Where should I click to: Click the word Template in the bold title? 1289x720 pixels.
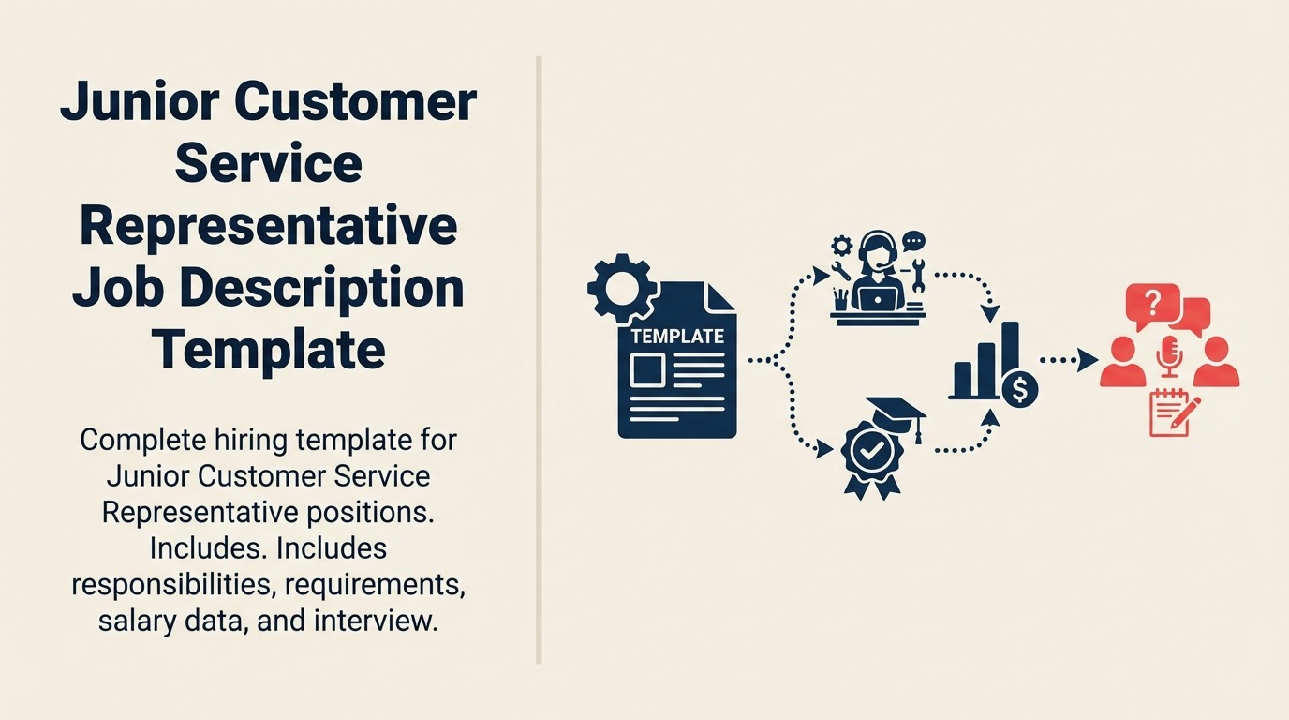tap(268, 349)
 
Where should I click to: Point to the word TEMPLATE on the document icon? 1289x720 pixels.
tap(677, 336)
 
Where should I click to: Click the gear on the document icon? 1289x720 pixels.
tap(619, 288)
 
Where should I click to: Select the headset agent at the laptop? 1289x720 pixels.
tap(879, 272)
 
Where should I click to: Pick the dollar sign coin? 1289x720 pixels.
tap(1018, 387)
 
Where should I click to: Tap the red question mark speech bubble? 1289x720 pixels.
tap(1150, 304)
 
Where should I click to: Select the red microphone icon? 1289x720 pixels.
tap(1170, 355)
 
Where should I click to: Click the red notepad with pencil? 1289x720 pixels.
tap(1172, 413)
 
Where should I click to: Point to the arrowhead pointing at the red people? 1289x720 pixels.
tap(1088, 359)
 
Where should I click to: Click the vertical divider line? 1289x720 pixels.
tap(539, 360)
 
